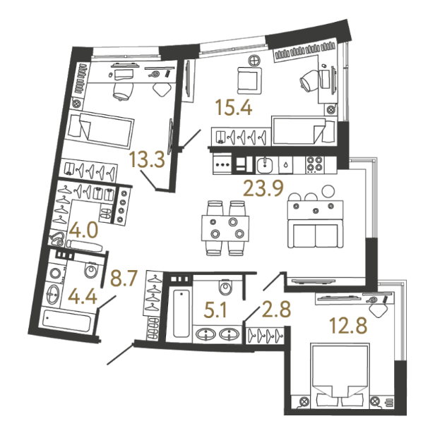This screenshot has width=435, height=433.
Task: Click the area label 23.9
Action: (x=263, y=188)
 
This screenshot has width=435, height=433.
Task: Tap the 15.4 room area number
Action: (x=234, y=107)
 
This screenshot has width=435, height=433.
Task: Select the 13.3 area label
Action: (x=147, y=160)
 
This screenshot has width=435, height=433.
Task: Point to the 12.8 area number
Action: (x=348, y=326)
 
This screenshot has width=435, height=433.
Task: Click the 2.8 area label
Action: (x=276, y=309)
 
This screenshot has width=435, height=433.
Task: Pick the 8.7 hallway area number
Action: (x=124, y=279)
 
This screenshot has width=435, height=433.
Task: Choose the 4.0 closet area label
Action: (x=83, y=231)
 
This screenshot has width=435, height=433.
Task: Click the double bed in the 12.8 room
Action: (x=340, y=376)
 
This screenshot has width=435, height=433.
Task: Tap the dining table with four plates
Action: (x=225, y=228)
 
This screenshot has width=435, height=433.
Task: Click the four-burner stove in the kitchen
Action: (x=315, y=164)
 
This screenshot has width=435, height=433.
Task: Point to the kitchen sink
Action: (x=265, y=165)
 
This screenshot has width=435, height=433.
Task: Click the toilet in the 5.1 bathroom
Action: (x=225, y=287)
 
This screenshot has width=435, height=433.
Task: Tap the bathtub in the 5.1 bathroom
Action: (x=181, y=313)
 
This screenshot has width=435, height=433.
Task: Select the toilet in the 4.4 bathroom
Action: (x=91, y=269)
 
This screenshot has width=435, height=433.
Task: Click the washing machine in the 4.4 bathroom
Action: (x=56, y=273)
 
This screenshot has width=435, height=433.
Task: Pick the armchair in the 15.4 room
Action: (x=249, y=80)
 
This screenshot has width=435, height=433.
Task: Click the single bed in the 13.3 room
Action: (x=101, y=129)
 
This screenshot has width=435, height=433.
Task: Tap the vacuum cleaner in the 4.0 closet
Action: (x=56, y=239)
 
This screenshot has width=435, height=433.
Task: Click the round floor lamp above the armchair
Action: (x=254, y=61)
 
